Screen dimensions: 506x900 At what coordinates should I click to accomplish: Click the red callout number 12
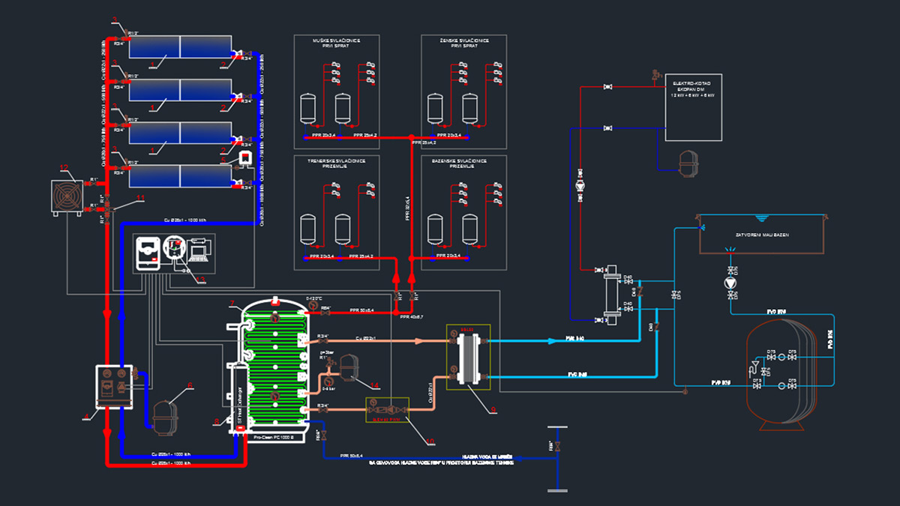point(64,166)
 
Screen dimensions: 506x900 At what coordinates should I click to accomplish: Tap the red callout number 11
point(140,197)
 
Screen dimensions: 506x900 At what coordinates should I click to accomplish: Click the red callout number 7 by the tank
point(232,304)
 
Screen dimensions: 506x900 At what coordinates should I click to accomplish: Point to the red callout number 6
point(190,385)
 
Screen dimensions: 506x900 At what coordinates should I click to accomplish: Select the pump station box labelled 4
point(114,386)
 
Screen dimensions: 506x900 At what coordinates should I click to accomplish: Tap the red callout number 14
point(376,386)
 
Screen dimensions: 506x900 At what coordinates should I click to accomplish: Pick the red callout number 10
point(430,440)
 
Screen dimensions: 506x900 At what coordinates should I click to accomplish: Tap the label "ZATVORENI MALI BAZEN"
point(761,235)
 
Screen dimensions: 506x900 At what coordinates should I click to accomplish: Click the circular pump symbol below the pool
point(732,283)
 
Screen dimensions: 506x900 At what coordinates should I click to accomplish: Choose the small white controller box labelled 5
point(244,158)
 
